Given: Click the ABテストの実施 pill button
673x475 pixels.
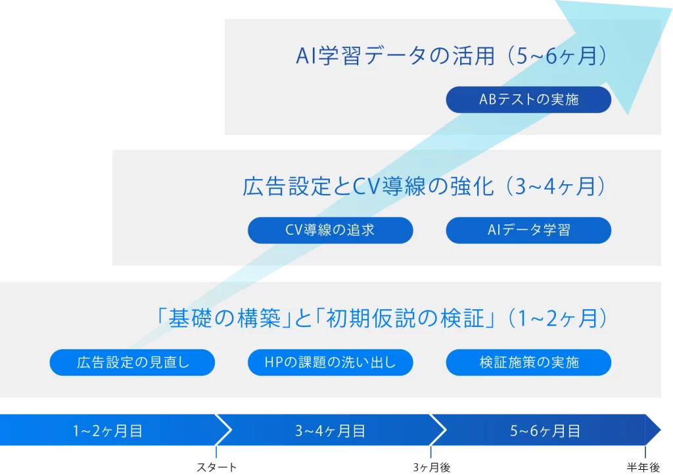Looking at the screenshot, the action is pos(528,99).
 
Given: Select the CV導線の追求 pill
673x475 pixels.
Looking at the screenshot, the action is pos(330,230).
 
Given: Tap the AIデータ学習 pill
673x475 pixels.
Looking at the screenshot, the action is pos(528,230).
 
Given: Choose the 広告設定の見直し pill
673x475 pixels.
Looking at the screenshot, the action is pos(132,362).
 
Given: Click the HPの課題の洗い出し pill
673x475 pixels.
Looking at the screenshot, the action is pos(330,362).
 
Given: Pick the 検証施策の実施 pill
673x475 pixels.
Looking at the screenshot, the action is pos(528,362).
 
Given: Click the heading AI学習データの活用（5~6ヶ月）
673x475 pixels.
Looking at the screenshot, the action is pos(452,57).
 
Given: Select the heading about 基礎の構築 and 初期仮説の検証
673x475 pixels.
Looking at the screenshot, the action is pos(381,318).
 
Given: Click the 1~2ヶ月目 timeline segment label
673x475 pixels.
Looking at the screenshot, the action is pos(108,431).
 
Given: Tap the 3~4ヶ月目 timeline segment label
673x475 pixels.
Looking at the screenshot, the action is pos(330,431).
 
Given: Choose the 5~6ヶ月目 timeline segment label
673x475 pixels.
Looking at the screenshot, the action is pos(545,431).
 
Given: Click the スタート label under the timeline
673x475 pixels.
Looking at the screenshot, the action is pos(216,467).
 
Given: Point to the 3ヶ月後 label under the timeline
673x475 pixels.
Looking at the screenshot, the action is pos(431,467).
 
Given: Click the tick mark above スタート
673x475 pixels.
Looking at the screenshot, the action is pos(216,452).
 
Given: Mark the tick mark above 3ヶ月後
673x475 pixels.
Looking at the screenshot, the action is pos(431,452).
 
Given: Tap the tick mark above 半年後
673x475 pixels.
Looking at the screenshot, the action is pos(645,452).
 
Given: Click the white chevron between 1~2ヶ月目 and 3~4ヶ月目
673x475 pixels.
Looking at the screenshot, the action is pos(224,430).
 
